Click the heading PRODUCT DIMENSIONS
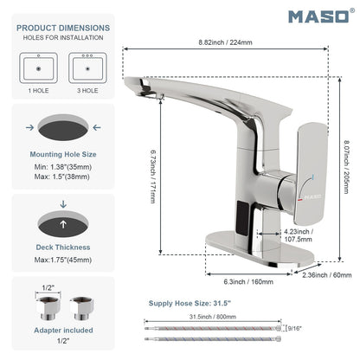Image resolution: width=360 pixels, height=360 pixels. [x=63, y=28]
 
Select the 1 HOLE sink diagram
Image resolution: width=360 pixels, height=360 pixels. [x=38, y=68]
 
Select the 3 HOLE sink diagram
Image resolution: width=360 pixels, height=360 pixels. [x=87, y=68]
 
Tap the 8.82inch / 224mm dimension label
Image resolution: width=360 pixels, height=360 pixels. [x=225, y=42]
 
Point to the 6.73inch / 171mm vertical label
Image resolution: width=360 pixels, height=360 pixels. [x=153, y=177]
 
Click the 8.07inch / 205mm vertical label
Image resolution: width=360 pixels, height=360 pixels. [x=346, y=167]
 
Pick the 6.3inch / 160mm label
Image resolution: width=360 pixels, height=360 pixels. [x=248, y=281]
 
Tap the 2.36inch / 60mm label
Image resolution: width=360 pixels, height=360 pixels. [x=327, y=275]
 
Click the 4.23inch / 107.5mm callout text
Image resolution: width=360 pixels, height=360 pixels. [x=299, y=235]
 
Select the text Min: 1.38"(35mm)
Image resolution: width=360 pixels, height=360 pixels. [x=63, y=167]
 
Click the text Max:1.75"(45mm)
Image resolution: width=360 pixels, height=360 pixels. [x=63, y=260]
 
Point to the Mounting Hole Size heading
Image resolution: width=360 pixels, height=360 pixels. [x=63, y=154]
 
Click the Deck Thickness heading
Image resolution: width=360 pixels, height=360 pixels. [x=63, y=247]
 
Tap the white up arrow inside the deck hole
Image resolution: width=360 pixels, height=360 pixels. [x=63, y=224]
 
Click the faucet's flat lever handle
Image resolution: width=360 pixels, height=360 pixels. [x=312, y=174]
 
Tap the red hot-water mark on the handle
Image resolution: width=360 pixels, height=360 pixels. [x=300, y=200]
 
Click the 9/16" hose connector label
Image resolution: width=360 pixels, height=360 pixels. [x=294, y=328]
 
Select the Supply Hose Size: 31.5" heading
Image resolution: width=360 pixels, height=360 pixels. [x=190, y=303]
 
